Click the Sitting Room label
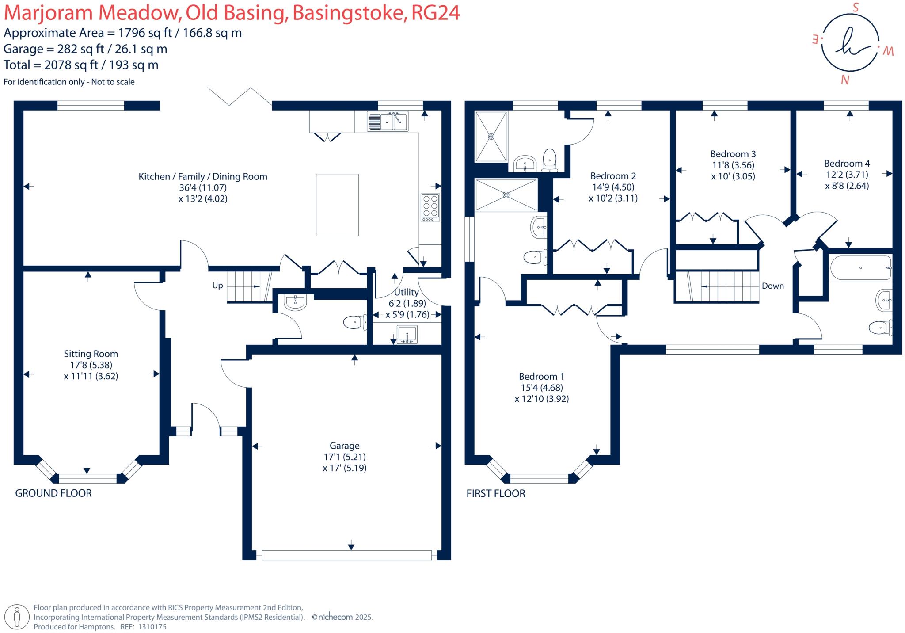coord(91,354)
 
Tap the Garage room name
coord(344,446)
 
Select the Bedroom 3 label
coord(733,154)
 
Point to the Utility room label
coord(406,292)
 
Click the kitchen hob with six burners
coord(430,207)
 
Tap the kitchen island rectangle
coord(337,205)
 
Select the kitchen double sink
coord(388,121)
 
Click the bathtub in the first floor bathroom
coord(860,268)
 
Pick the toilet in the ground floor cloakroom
coord(355,322)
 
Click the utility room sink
coord(407,334)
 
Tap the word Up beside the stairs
coord(217,286)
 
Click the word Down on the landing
coord(772,286)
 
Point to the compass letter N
coord(845,80)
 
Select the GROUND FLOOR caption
coord(53,493)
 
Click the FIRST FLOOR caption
coord(496,494)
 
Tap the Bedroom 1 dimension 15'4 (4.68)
coord(541,388)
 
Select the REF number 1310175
coord(152,627)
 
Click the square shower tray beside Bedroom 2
coord(491,137)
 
